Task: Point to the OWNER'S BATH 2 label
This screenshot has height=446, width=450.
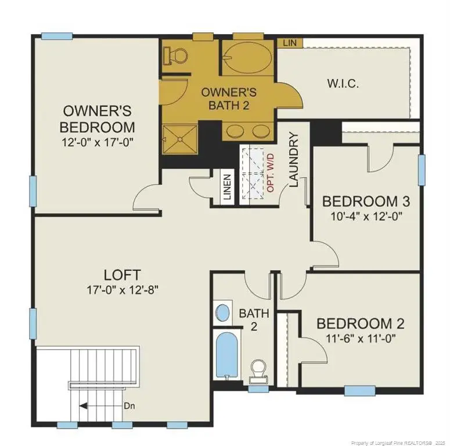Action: (229, 98)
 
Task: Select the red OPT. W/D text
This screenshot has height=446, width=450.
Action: (271, 174)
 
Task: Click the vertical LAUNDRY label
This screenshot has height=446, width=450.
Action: (293, 160)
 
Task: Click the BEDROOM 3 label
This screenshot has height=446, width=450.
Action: (366, 202)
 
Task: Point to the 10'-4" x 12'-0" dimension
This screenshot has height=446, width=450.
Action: (366, 216)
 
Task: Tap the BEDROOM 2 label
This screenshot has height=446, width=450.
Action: (361, 323)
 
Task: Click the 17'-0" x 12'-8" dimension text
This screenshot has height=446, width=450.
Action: (123, 289)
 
